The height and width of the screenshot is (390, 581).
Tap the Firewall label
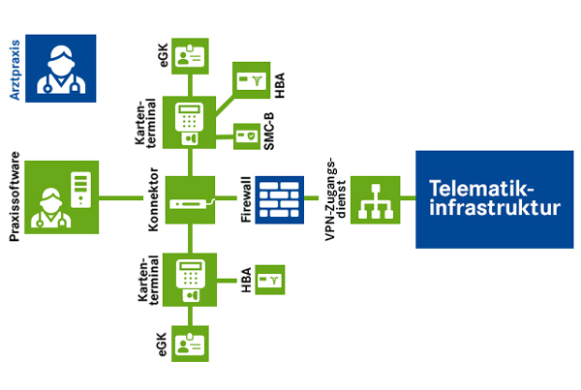click(248, 199)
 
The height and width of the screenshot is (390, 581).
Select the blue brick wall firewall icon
click(282, 199)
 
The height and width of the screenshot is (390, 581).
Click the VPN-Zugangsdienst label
click(334, 199)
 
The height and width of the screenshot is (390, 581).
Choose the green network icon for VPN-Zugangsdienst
click(374, 199)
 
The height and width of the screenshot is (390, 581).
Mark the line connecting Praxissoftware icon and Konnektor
click(129, 199)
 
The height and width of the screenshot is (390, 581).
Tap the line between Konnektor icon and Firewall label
click(225, 199)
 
